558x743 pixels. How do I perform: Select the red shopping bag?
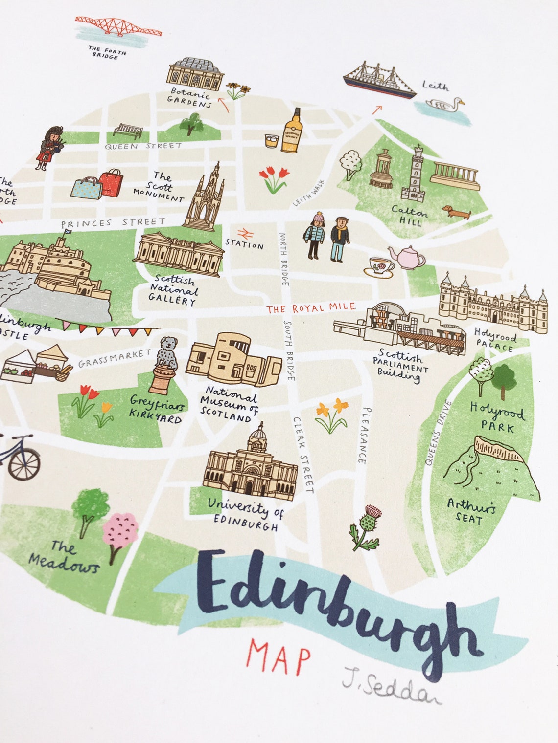tap(111, 182)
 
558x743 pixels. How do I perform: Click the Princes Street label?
tap(114, 222)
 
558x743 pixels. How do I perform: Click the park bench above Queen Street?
tap(128, 130)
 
